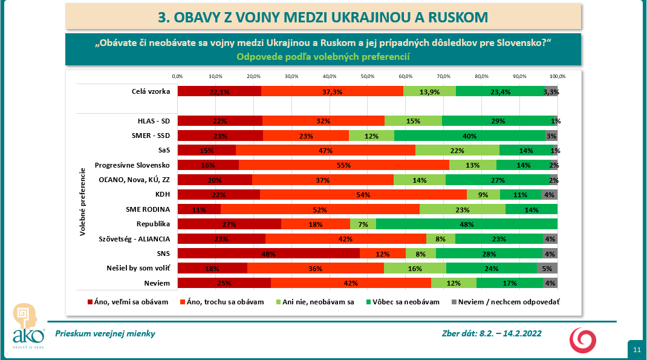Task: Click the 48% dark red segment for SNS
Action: [268, 254]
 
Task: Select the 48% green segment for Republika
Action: [466, 224]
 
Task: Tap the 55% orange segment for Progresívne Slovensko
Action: [344, 165]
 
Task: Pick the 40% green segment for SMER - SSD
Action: [470, 135]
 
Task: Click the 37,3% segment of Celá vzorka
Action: [332, 91]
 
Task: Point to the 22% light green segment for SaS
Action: [457, 150]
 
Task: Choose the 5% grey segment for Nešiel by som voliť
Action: [547, 268]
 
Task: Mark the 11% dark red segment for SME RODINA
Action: [199, 209]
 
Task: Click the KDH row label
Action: [161, 194]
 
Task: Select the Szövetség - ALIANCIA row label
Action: [138, 238]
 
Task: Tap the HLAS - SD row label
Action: [153, 120]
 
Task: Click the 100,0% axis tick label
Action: [557, 76]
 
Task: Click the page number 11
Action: [637, 350]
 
